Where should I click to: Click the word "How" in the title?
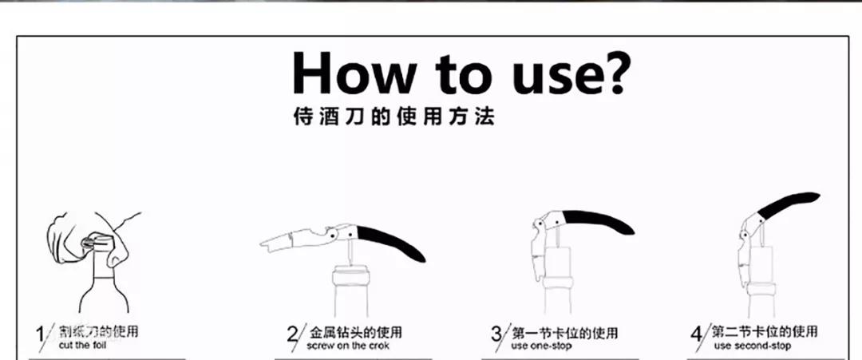[x=353, y=73]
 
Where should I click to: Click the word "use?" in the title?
[x=557, y=73]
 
